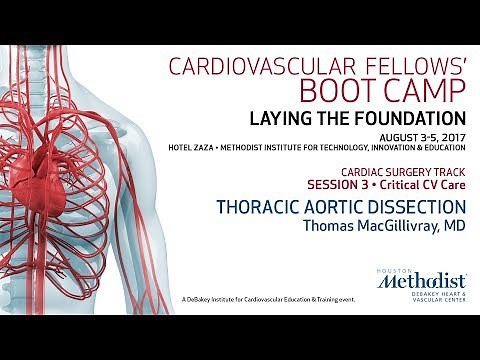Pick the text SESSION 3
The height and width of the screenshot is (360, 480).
(355, 186)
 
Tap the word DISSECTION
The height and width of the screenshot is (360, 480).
(417, 207)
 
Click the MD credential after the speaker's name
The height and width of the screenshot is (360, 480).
(454, 225)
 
